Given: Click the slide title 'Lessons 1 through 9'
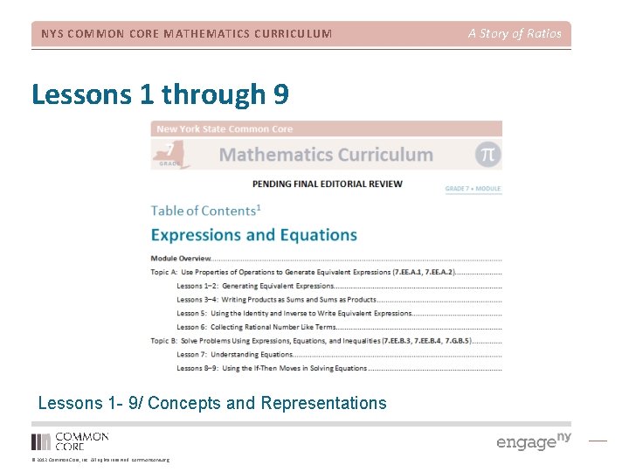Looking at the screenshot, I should pos(160,94).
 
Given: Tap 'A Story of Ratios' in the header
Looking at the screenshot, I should pos(515,34).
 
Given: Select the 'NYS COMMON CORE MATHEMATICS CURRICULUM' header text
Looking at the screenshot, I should pos(187,34).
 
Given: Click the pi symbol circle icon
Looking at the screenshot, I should pos(488,154).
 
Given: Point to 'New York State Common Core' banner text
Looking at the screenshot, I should pos(225,128).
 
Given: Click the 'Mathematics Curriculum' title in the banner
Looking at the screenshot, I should pos(326,155).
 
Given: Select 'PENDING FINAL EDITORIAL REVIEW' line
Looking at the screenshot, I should pos(327,184).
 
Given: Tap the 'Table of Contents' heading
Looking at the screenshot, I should pos(205,211).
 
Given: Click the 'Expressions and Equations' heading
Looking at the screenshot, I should pos(253,235).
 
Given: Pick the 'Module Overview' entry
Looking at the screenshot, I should pos(181,259).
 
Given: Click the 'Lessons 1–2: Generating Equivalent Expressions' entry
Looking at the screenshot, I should pos(255,286).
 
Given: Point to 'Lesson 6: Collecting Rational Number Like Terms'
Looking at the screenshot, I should pos(256,327).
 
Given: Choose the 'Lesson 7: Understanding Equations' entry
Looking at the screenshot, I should pos(235,354).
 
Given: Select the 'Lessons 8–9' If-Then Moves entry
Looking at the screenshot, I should pos(272,368).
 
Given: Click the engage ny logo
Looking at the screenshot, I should pos(533,441).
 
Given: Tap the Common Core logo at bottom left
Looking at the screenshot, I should pos(70,441).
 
